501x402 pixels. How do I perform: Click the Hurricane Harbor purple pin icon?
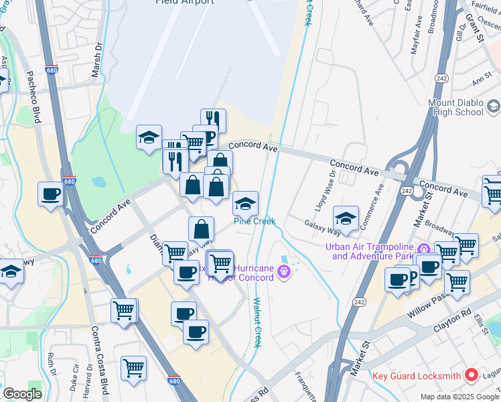pos(285,271)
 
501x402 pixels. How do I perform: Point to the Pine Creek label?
pos(255,222)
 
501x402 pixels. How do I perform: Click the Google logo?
pos(22,394)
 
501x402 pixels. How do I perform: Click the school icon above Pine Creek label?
pos(245,202)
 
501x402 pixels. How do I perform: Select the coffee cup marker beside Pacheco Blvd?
pos(51,194)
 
